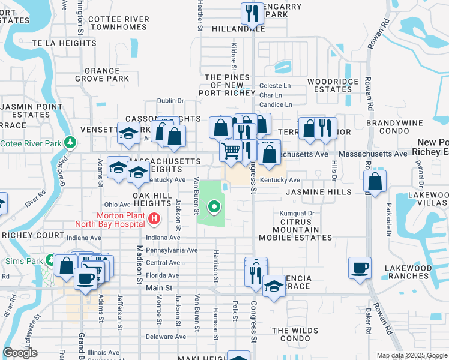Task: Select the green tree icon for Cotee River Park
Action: [71, 143]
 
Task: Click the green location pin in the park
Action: [214, 208]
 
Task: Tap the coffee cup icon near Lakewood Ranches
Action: [360, 268]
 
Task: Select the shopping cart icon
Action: [231, 150]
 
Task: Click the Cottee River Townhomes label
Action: [118, 23]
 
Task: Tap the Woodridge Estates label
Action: [330, 85]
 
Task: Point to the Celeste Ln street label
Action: [274, 86]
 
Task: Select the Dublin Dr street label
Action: [170, 101]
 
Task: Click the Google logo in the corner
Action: [20, 353]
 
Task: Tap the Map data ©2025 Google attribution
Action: [411, 356]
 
